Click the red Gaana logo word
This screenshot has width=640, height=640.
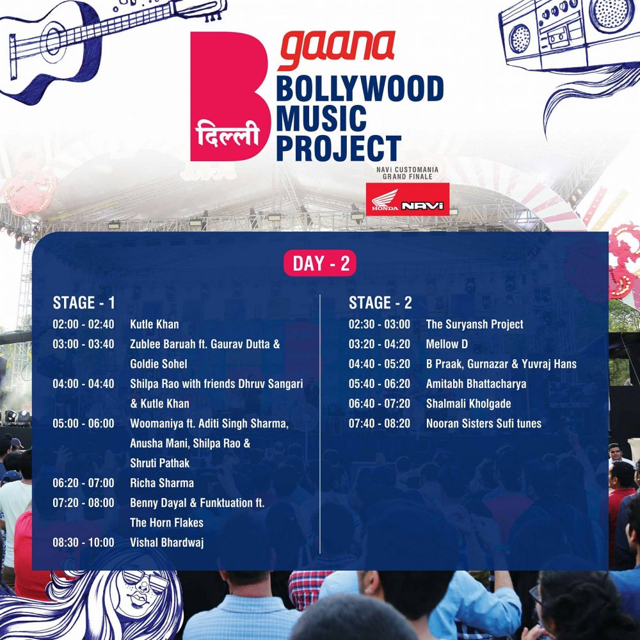click(338, 49)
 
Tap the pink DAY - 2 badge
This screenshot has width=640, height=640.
click(320, 263)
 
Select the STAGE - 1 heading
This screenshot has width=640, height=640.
click(84, 303)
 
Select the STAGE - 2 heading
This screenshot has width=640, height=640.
click(380, 303)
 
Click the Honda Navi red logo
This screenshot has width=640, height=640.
click(407, 199)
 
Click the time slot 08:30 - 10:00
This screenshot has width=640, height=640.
click(83, 543)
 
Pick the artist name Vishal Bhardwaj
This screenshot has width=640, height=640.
click(166, 543)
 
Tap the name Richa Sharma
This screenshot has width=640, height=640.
click(162, 483)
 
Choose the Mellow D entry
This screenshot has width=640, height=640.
click(447, 344)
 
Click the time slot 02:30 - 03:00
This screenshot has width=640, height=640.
click(379, 324)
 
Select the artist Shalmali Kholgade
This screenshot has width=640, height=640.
click(468, 404)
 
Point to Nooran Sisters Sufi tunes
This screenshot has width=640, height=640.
click(484, 423)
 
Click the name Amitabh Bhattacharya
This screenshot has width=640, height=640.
click(476, 384)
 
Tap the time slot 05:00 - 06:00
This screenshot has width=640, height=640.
click(83, 423)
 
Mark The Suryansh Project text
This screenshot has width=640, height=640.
click(474, 324)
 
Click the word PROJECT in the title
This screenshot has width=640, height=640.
click(339, 148)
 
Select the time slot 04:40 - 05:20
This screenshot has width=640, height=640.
click(379, 364)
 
